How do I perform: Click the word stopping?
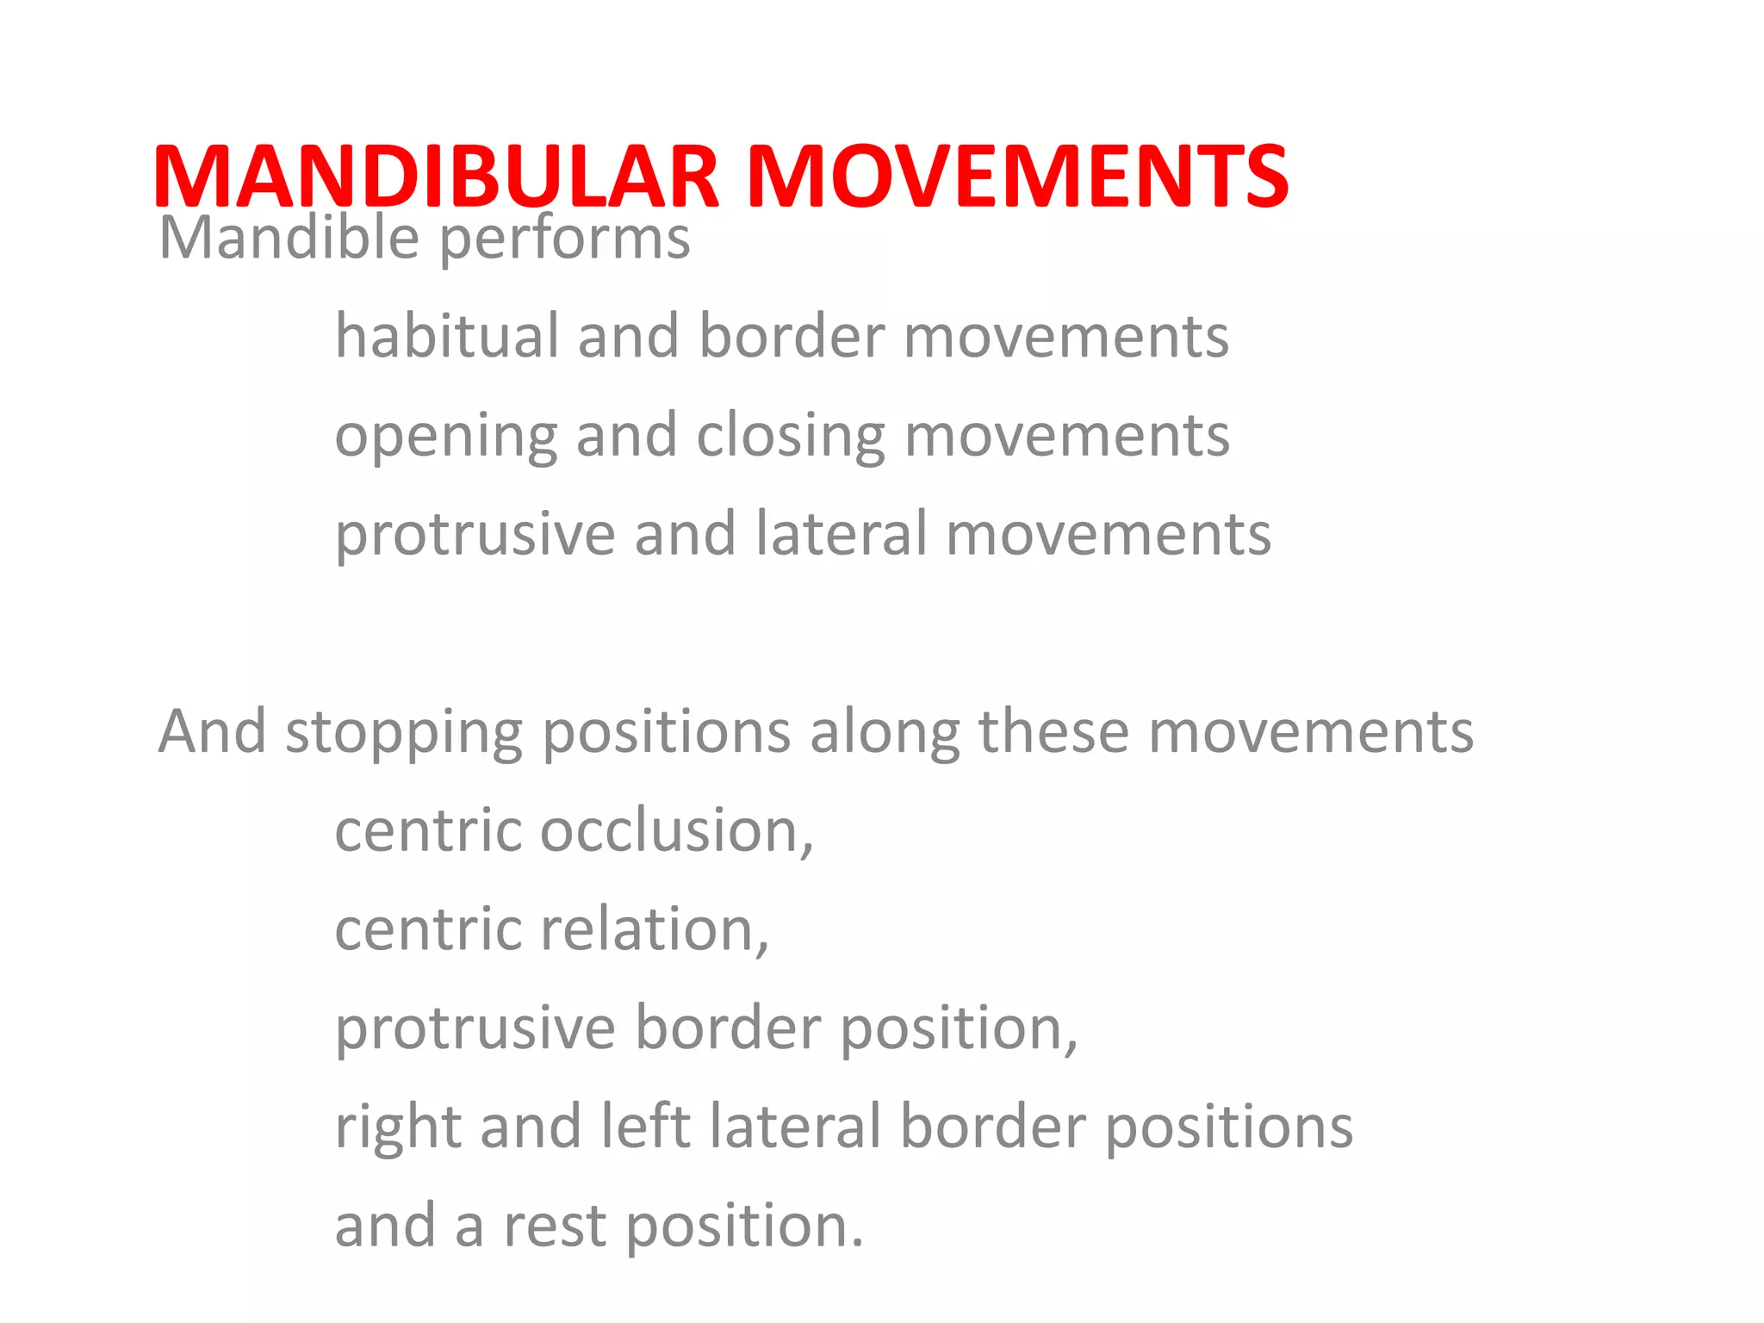coord(403,734)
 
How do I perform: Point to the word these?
coord(1053,732)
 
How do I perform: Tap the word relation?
coord(655,930)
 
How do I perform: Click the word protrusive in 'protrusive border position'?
coord(475,1030)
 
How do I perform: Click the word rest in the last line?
coord(555,1227)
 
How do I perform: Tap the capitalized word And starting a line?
coord(212,732)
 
